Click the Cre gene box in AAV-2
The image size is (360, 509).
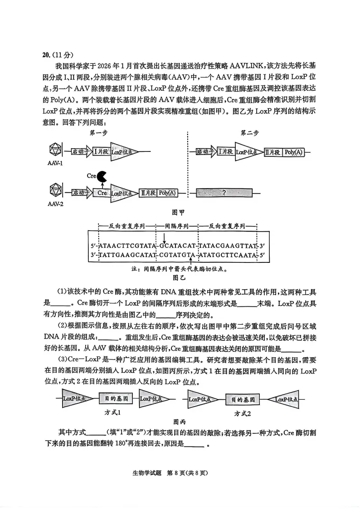tap(102, 193)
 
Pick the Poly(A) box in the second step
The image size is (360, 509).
tap(293, 152)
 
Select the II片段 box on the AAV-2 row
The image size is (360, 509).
tap(147, 193)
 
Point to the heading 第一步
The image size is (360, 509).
tap(99, 133)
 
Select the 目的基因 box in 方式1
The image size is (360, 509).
tap(116, 399)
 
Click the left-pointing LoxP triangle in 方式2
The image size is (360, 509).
tap(284, 399)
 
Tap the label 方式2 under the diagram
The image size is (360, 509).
tap(243, 413)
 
